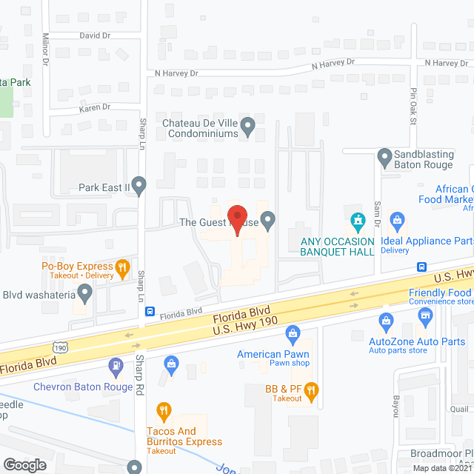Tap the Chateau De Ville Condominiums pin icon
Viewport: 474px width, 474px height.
(249, 126)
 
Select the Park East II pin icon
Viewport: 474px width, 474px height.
(138, 184)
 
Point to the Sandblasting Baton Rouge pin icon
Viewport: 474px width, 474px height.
(384, 157)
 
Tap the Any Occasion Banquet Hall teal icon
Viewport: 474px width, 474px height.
(358, 220)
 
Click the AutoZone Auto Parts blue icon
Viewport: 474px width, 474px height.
(385, 320)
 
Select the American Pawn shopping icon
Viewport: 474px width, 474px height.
(293, 333)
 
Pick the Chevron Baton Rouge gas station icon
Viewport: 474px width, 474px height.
(116, 364)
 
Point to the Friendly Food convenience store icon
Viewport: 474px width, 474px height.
(425, 317)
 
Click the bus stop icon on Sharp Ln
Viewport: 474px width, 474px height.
(150, 312)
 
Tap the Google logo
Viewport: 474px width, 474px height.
(24, 464)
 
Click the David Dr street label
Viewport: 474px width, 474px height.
(94, 36)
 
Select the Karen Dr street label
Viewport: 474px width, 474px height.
(95, 107)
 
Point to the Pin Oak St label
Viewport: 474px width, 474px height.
(414, 107)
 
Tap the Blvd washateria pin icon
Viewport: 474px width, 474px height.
(84, 295)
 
